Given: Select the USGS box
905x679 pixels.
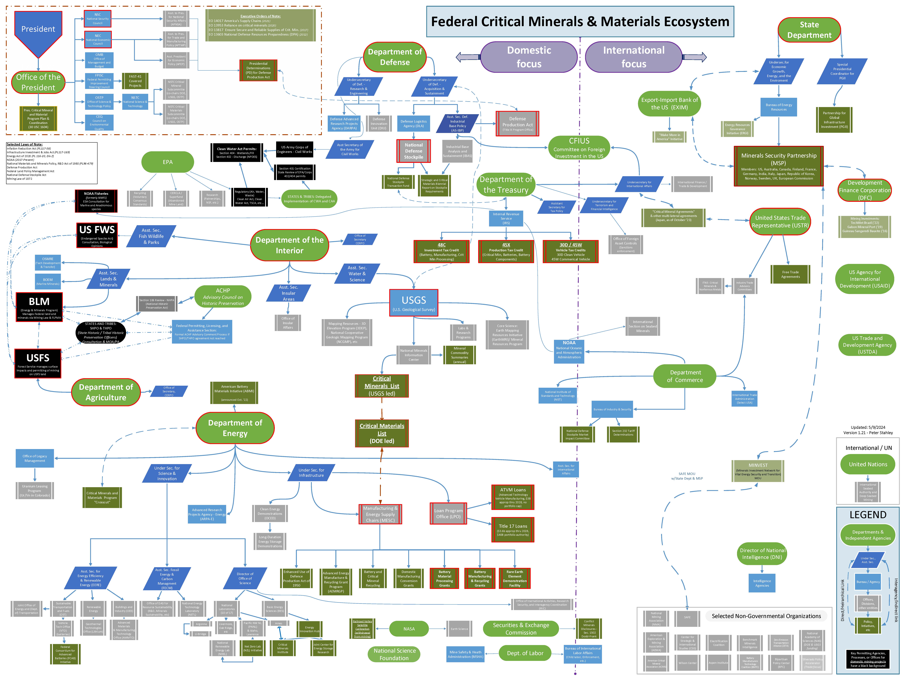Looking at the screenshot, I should tap(414, 303).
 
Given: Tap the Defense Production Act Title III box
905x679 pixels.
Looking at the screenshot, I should tap(517, 124).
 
